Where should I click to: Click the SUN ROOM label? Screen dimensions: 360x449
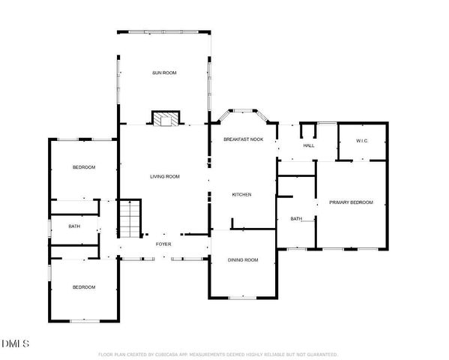[x=163, y=73]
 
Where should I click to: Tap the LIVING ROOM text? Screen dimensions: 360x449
[x=164, y=177]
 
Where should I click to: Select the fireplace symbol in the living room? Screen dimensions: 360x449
[x=166, y=118]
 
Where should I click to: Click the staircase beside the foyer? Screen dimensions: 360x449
[x=130, y=217]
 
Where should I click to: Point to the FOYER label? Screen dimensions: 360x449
[x=163, y=244]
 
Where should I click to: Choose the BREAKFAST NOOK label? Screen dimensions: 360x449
[x=243, y=139]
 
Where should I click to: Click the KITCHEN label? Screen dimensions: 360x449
[x=241, y=194]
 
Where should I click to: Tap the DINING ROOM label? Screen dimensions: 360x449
[x=243, y=259]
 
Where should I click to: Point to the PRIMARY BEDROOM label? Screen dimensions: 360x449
[x=351, y=202]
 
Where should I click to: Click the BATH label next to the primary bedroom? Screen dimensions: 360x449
[x=296, y=219]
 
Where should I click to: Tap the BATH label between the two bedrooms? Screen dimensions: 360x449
[x=74, y=226]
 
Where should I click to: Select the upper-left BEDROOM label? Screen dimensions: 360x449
[x=83, y=167]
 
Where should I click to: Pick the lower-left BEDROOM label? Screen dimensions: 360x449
[x=83, y=287]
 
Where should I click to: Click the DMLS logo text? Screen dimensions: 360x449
[x=15, y=343]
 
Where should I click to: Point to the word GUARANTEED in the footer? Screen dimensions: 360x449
[x=321, y=354]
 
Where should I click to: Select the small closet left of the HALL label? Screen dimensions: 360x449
[x=307, y=132]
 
